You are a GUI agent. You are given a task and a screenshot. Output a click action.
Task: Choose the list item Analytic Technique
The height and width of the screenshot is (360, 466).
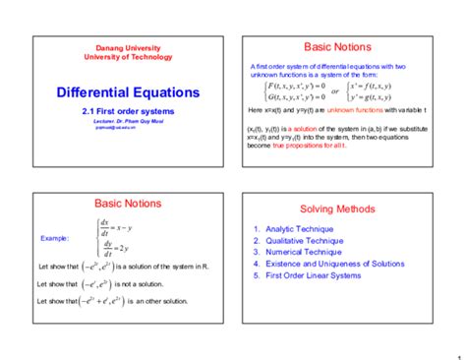300,229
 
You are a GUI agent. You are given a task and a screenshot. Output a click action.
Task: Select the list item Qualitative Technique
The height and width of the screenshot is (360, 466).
304,241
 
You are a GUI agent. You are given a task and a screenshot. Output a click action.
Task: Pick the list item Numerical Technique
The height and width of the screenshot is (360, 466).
303,252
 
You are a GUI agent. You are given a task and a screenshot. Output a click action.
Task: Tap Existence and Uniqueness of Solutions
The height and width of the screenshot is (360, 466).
334,264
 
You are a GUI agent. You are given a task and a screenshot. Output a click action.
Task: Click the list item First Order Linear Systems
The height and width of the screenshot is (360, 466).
318,275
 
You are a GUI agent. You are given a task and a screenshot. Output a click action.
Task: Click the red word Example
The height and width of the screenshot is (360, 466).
54,239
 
